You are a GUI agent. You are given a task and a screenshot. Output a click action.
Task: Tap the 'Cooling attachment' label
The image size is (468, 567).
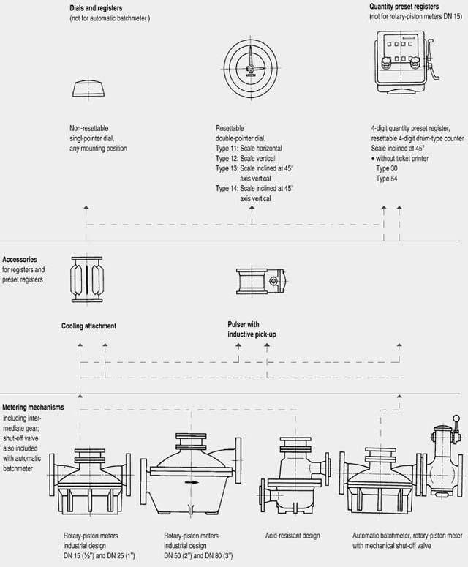89,326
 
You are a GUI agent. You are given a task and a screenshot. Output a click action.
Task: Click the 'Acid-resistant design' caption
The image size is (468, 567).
292,536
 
